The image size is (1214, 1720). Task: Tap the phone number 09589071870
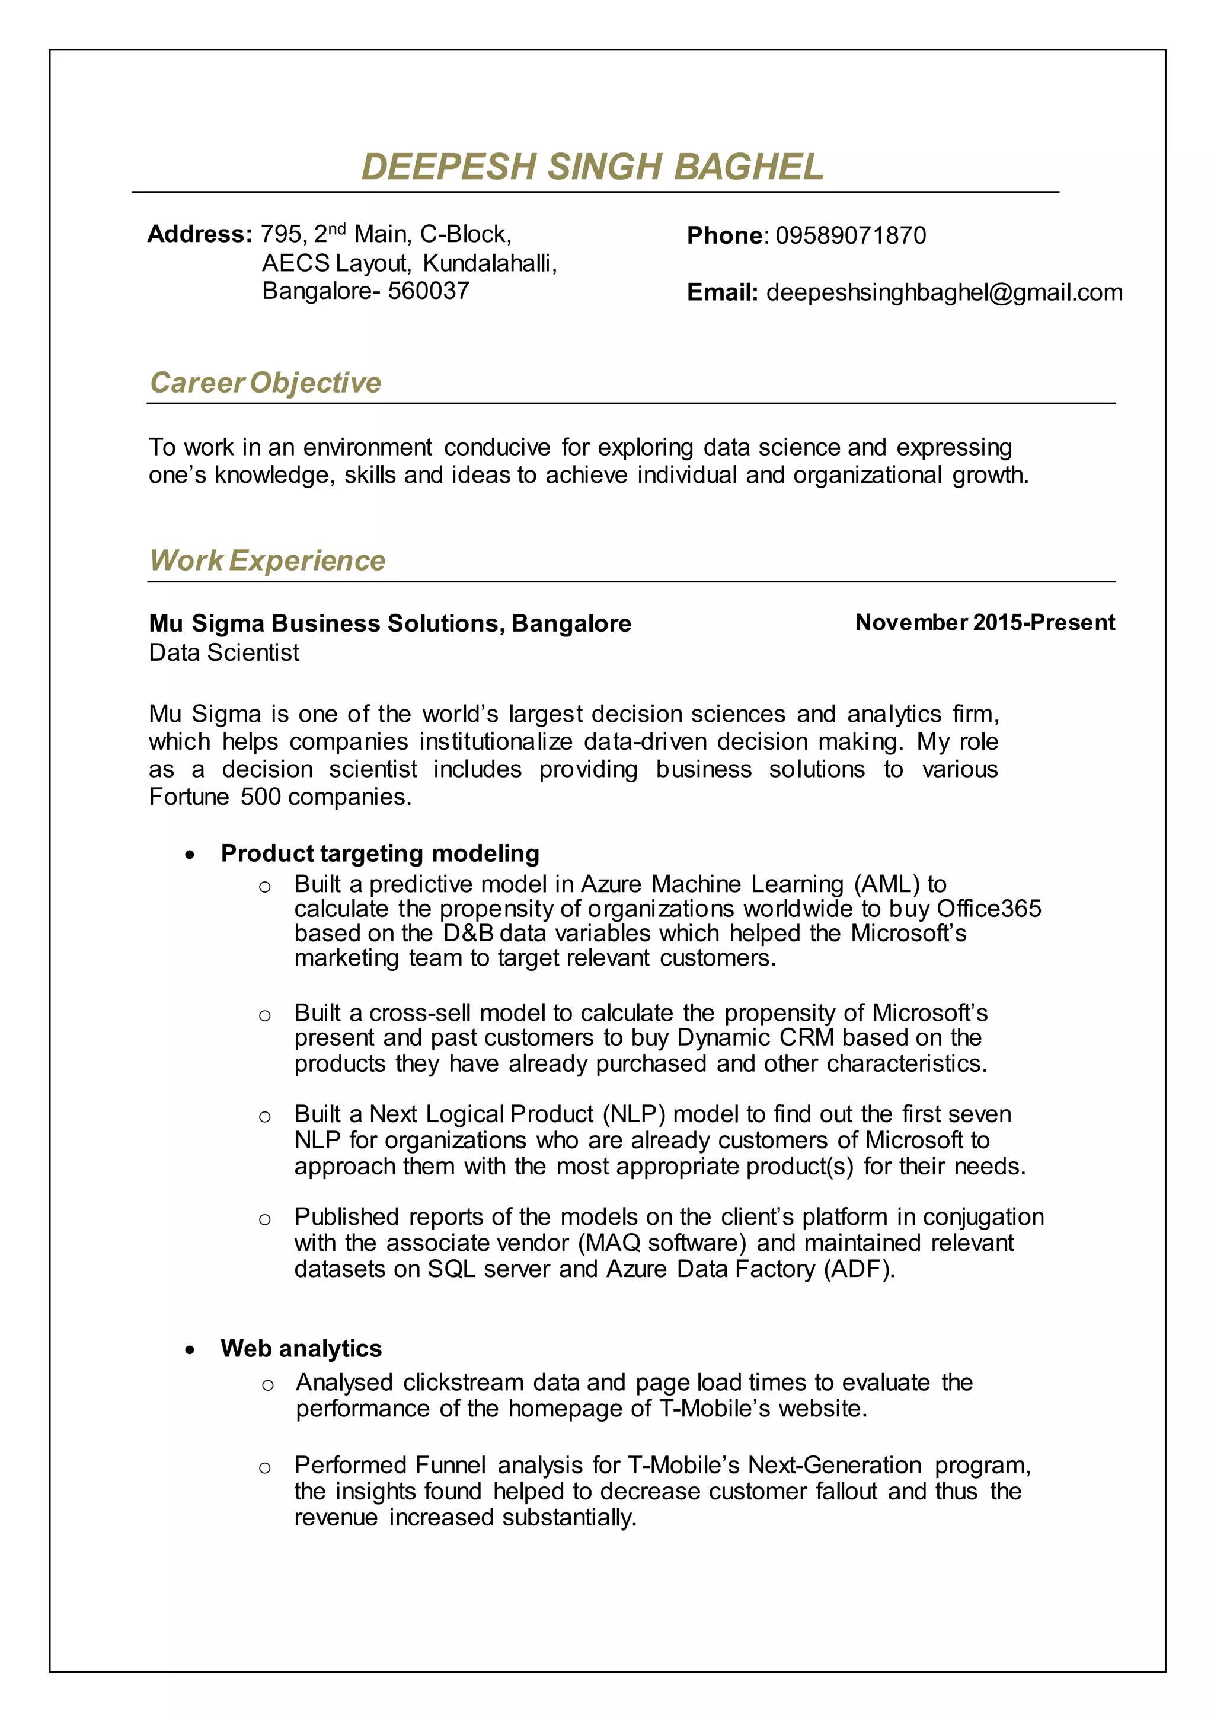pyautogui.click(x=850, y=235)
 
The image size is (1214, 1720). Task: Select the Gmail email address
pyautogui.click(x=944, y=292)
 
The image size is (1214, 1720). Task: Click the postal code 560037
pyautogui.click(x=429, y=291)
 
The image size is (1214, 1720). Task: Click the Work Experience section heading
pyautogui.click(x=267, y=560)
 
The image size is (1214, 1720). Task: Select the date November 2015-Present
pyautogui.click(x=984, y=623)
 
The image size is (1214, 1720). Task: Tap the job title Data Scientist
pyautogui.click(x=224, y=652)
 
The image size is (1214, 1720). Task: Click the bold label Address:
pyautogui.click(x=199, y=234)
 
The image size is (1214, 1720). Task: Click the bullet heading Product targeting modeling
pyautogui.click(x=380, y=853)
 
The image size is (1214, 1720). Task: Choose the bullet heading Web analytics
pyautogui.click(x=301, y=1349)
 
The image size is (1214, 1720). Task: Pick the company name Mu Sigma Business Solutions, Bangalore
pyautogui.click(x=389, y=623)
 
